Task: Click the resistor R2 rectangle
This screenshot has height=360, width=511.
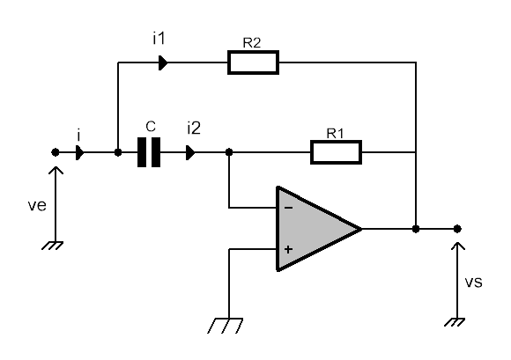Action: coord(253,62)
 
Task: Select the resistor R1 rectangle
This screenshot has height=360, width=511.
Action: coord(336,152)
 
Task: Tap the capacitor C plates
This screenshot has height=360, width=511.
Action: coord(149,152)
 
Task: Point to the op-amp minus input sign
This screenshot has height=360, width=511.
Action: coord(289,208)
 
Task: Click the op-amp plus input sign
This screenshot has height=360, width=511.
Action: coord(288,249)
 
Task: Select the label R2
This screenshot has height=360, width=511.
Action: coord(252,43)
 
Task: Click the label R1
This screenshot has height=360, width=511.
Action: coord(335,133)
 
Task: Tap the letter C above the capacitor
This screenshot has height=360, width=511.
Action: coord(151,126)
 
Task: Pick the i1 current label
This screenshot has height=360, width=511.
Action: coord(159,39)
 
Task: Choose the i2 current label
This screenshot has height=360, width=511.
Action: coord(194,128)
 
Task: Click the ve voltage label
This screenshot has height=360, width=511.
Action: coord(37,205)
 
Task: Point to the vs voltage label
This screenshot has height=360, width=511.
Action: coord(473,282)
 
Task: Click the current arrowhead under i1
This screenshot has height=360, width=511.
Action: coord(163,62)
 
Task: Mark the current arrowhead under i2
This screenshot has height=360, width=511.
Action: coord(190,152)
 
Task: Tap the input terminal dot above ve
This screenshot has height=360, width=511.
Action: coord(56,152)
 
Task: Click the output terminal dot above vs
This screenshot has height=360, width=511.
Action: coord(457,229)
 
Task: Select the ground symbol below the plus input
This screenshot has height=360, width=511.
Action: coord(226,325)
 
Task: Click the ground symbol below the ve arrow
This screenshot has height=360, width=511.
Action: coord(53,246)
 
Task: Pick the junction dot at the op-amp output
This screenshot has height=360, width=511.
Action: coord(416,229)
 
